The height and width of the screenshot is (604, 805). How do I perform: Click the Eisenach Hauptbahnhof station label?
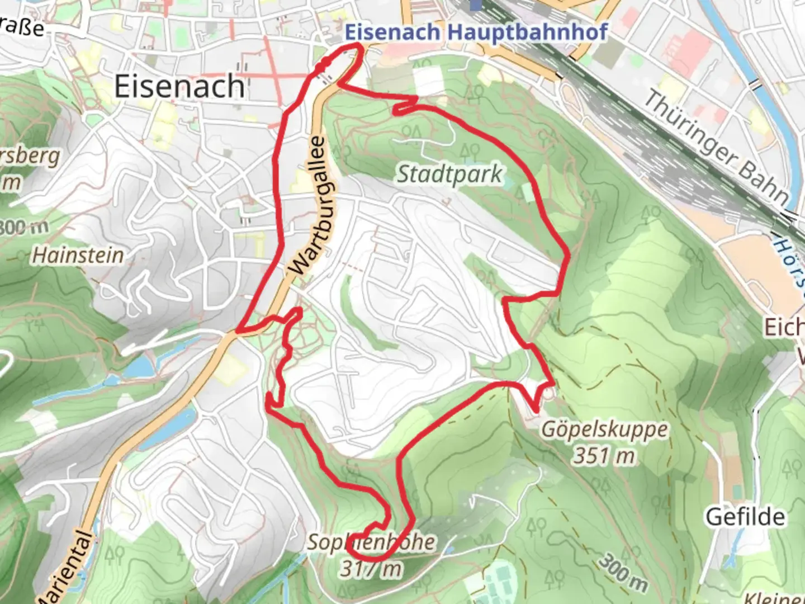tap(476, 32)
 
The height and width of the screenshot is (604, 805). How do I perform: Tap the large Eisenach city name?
tap(179, 87)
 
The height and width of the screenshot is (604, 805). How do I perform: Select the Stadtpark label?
tap(449, 174)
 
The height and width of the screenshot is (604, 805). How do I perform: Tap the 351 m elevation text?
tap(604, 456)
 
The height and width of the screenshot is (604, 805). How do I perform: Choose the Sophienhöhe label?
tap(371, 541)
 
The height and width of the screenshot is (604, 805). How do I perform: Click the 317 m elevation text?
tap(371, 569)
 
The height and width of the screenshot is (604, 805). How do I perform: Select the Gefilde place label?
tap(745, 517)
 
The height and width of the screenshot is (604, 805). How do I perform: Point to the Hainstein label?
tap(78, 255)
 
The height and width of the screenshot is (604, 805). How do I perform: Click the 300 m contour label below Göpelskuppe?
tap(624, 573)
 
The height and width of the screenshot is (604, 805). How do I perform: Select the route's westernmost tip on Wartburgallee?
tap(238, 332)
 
